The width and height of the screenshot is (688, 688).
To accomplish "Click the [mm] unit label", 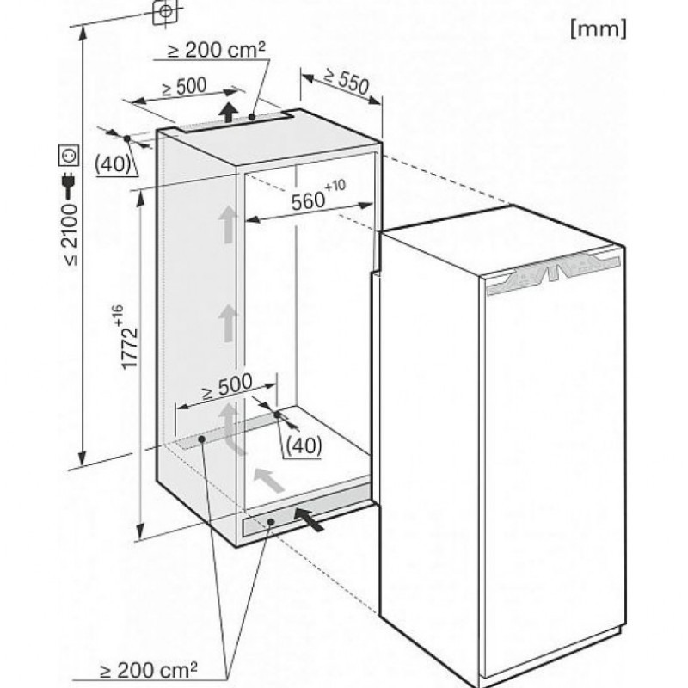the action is tap(599, 29).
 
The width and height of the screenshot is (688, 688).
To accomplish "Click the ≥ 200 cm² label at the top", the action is tap(217, 50).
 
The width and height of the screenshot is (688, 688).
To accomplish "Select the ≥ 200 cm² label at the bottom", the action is tap(148, 670).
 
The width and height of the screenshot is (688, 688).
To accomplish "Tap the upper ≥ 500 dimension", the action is tap(184, 87).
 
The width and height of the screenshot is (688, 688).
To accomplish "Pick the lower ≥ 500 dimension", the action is tap(227, 386).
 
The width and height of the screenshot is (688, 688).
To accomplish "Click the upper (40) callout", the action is tap(113, 164).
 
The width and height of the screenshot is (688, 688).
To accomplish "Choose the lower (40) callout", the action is tap(304, 446).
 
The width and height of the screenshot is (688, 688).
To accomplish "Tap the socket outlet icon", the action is tap(70, 156).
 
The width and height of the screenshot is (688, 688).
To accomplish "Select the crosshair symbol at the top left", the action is tap(165, 11).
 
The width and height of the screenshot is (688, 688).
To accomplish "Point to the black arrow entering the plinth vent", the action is tap(310, 519).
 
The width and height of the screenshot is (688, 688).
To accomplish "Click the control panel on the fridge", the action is tap(553, 273).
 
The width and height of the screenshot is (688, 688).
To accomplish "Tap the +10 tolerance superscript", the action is tap(335, 186).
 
